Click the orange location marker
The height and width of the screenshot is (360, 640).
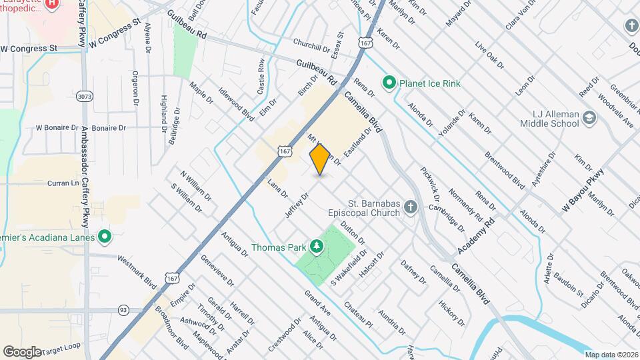[x=320, y=159]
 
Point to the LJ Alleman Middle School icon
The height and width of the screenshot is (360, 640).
[x=589, y=118]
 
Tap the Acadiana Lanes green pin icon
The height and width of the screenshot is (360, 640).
[x=105, y=236]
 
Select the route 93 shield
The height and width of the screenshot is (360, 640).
[x=123, y=310]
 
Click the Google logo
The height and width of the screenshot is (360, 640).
[x=22, y=351]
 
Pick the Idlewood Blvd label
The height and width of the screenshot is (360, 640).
[x=239, y=107]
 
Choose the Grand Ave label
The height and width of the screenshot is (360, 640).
[x=317, y=303]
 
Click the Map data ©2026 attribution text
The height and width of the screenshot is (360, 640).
[x=611, y=354]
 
